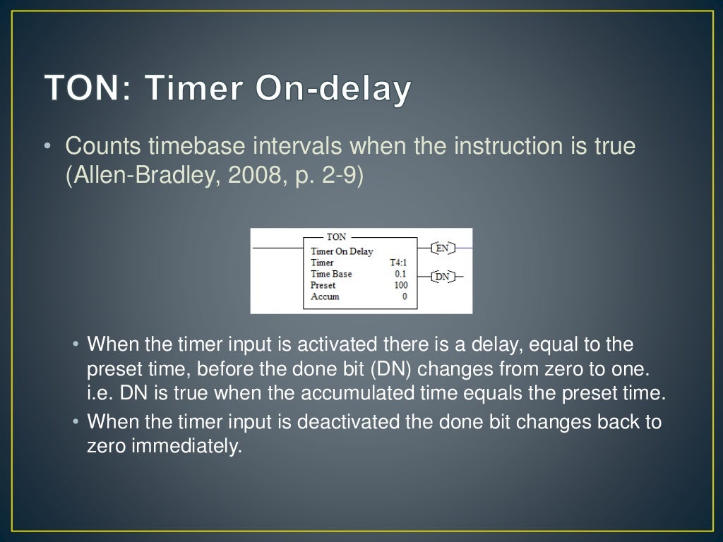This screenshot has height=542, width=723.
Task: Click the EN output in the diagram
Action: click(x=442, y=248)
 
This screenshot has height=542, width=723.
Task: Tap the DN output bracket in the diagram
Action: click(x=442, y=277)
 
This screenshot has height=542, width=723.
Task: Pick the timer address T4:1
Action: click(x=398, y=263)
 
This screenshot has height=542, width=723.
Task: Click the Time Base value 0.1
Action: click(x=400, y=274)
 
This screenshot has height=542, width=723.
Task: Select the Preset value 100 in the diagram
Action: click(x=400, y=285)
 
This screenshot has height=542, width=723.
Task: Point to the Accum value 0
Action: click(x=405, y=296)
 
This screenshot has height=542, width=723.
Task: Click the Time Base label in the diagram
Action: click(x=331, y=274)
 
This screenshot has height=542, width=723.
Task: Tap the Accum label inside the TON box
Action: click(x=325, y=296)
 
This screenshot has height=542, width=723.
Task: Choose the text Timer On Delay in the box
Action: click(x=342, y=251)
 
